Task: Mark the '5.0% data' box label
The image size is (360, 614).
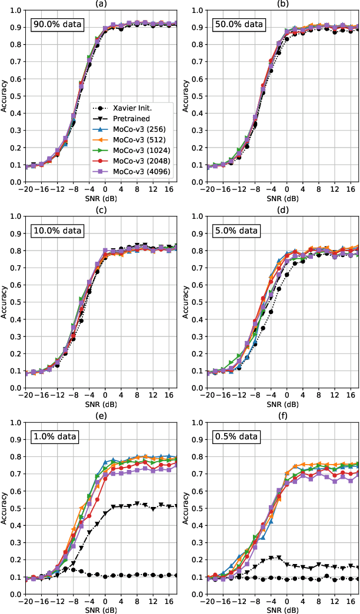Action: pos(236,231)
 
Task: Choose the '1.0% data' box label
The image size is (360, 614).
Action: pos(55,436)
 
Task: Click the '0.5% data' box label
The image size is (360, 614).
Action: pos(236,436)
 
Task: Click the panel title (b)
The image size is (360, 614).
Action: pos(282,4)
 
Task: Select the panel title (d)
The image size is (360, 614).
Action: pos(282,209)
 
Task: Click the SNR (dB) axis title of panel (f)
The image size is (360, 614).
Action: pos(282,609)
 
